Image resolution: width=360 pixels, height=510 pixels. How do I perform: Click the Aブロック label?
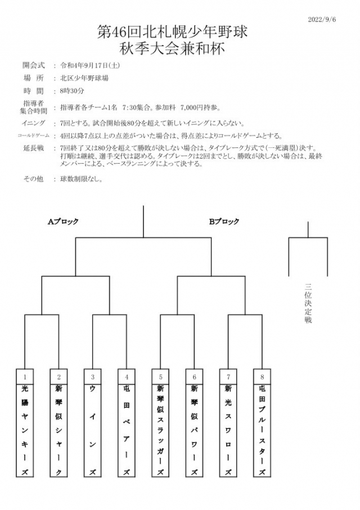(x=63, y=222)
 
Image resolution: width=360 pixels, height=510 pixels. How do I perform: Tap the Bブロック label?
(x=224, y=222)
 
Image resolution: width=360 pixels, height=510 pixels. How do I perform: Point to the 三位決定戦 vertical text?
(x=308, y=303)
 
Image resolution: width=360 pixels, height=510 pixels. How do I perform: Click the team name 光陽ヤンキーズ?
(x=25, y=430)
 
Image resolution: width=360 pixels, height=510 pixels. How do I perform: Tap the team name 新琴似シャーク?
(x=58, y=430)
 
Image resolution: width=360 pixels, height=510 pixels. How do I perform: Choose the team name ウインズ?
(x=92, y=430)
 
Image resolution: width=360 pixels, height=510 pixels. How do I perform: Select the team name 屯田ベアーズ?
(x=126, y=430)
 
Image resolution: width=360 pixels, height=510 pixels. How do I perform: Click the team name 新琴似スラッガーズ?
(x=160, y=430)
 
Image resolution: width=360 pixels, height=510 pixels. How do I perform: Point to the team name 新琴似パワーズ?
(x=194, y=430)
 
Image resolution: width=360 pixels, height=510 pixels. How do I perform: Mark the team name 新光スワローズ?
(x=228, y=430)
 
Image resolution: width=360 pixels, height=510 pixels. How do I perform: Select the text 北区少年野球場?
(x=84, y=78)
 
